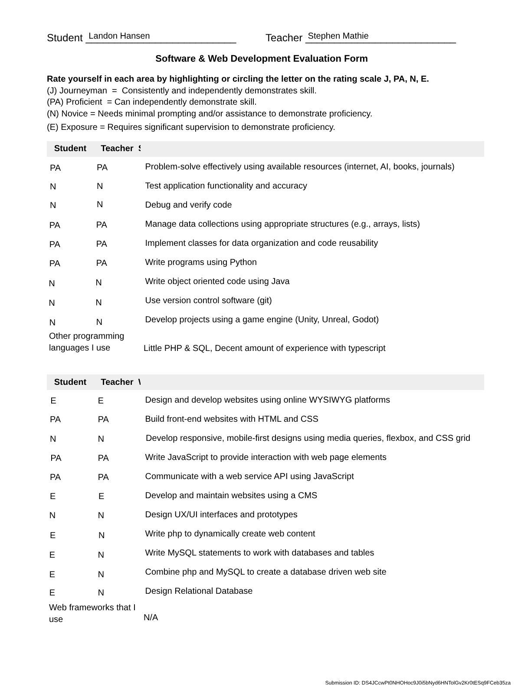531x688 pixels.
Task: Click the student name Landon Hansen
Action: click(119, 36)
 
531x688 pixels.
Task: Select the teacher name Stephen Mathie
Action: click(338, 36)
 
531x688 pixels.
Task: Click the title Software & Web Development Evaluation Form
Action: click(261, 59)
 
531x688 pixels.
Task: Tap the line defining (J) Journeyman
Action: click(181, 91)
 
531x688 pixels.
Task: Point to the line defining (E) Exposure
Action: click(191, 127)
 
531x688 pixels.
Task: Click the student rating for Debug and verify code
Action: click(53, 205)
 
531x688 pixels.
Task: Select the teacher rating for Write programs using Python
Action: click(102, 263)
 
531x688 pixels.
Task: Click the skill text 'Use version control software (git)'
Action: click(208, 301)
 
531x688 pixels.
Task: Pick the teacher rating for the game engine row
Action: click(99, 322)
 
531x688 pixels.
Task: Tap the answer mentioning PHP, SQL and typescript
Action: click(264, 348)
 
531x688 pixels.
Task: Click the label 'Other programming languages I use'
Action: click(86, 342)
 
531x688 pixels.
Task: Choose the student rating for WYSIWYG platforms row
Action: click(53, 401)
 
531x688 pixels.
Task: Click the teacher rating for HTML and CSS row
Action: click(103, 420)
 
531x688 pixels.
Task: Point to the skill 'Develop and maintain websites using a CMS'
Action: click(231, 496)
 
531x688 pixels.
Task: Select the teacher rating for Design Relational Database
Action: click(101, 593)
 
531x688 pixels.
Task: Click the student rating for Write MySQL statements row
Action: click(52, 555)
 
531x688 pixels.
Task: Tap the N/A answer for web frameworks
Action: click(151, 618)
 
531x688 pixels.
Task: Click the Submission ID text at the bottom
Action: click(418, 683)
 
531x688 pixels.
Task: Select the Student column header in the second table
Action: click(70, 382)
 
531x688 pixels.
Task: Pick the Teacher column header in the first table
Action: click(117, 149)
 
